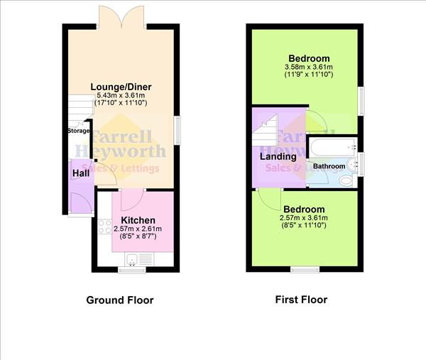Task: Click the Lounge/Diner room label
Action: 121,87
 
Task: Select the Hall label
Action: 80,173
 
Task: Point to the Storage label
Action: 78,131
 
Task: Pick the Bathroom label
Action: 329,167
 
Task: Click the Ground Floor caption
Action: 120,300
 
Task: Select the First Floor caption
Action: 301,300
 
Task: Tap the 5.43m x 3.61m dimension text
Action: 121,96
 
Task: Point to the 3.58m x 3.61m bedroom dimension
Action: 309,67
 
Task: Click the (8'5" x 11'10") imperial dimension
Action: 309,226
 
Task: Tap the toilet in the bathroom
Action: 346,182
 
